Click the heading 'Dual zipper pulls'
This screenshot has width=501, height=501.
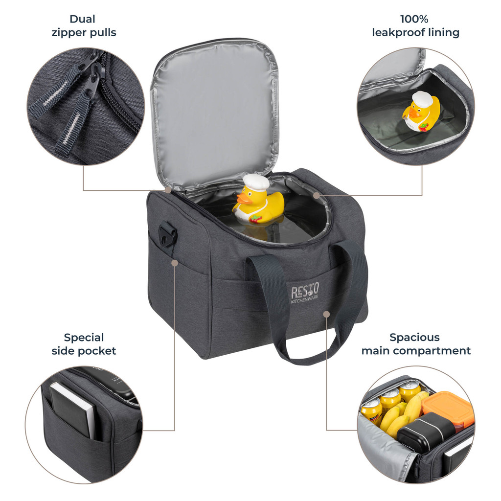click(84, 25)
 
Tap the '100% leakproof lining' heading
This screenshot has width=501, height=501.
click(416, 25)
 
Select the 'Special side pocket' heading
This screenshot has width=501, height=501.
click(84, 344)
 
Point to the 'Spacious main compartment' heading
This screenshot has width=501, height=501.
click(416, 344)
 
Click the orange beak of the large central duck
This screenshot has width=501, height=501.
click(244, 199)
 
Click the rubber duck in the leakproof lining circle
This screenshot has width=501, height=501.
click(421, 112)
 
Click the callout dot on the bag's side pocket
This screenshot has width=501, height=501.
click(175, 263)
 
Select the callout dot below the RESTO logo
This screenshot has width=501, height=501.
click(326, 315)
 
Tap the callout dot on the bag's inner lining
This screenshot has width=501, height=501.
click(316, 195)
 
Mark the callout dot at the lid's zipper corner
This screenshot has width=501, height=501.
click(168, 190)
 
